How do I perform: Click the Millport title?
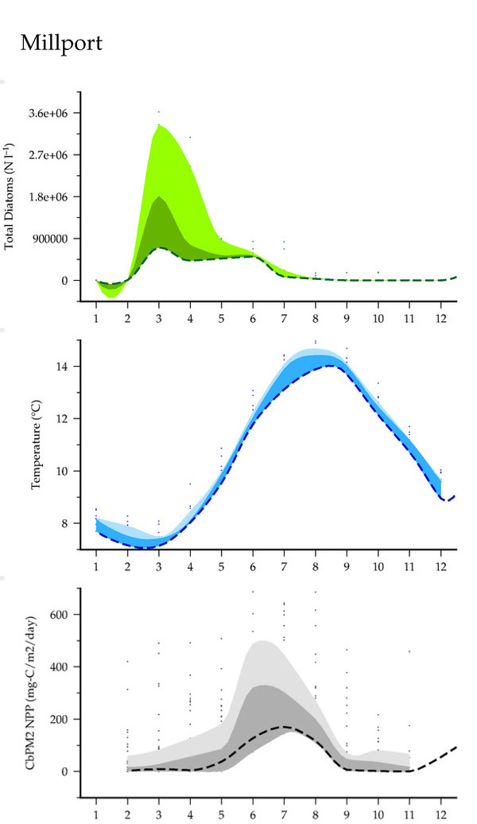[61, 43]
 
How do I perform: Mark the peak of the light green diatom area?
[160, 126]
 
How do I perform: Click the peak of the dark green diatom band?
[160, 196]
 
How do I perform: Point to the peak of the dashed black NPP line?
[285, 726]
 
